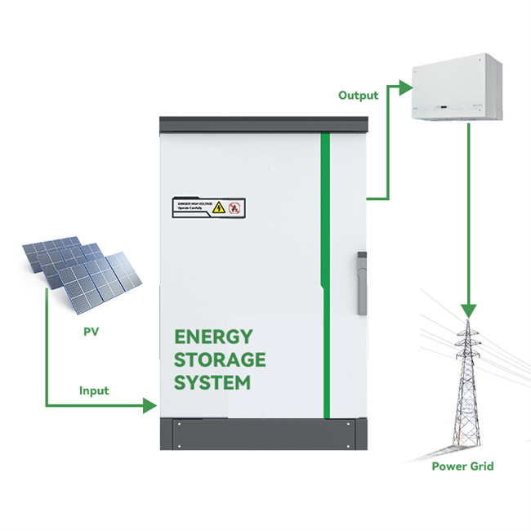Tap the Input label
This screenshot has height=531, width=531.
coord(94,390)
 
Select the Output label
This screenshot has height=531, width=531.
coord(358,96)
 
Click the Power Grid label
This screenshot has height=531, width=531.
coord(463,466)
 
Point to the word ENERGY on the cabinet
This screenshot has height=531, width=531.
coord(214,337)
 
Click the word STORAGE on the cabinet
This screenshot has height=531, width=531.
coord(220,359)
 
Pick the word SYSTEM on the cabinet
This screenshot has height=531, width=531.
coord(212,382)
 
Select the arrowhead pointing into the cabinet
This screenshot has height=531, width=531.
coord(149,404)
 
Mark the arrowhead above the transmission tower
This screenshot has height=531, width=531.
coord(468,310)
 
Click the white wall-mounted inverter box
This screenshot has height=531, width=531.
coord(457,87)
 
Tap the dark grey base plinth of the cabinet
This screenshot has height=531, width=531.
coord(262,432)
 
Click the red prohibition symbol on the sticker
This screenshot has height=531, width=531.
coord(234,207)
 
